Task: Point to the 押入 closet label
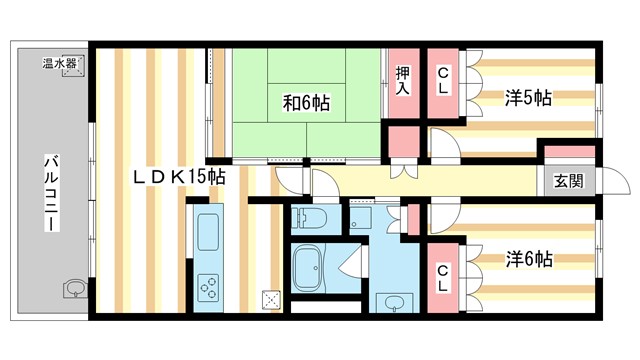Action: (x=402, y=80)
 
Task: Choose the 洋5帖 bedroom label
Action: (x=528, y=98)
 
